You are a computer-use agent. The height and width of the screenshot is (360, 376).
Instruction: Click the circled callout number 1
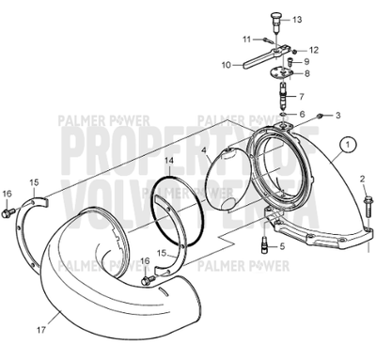pyautogui.click(x=350, y=145)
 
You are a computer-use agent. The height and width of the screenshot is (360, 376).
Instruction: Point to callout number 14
pyautogui.click(x=169, y=161)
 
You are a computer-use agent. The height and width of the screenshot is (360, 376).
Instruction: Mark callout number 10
pyautogui.click(x=226, y=65)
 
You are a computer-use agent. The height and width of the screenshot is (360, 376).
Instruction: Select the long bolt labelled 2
pyautogui.click(x=363, y=211)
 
